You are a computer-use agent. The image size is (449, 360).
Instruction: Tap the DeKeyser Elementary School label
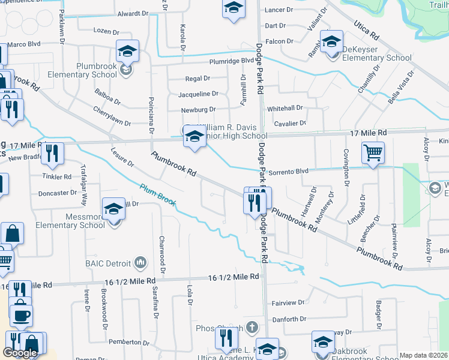pos(376,58)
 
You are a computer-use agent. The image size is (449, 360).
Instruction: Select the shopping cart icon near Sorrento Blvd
pos(373,153)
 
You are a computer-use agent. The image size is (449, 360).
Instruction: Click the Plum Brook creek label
pos(158,194)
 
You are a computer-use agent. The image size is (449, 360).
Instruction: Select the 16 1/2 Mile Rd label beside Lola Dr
pos(234,277)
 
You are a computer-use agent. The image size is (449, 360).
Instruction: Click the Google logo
pos(20,353)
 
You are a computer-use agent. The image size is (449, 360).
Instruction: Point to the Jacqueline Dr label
pos(198,94)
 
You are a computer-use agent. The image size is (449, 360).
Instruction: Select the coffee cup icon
pos(21,314)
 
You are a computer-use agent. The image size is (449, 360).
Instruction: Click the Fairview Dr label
pos(285,304)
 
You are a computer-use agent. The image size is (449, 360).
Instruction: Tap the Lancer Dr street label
pos(279,10)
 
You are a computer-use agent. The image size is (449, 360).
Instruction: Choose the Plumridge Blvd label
pos(232,61)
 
